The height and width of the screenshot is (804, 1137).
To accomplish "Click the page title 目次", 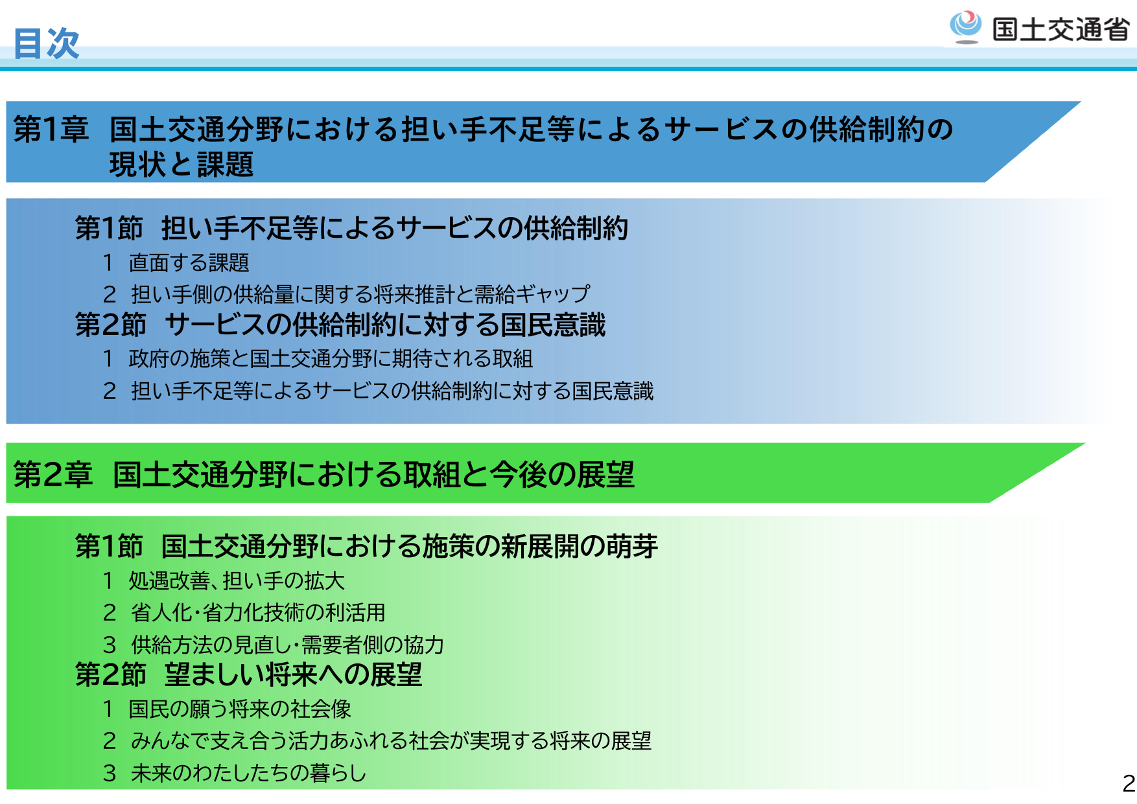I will click(46, 43).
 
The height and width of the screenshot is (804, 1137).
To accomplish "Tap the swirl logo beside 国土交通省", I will click(966, 27).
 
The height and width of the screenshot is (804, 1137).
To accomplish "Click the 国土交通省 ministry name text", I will click(1061, 30).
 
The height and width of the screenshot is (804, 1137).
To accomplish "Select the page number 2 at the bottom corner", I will click(1129, 783).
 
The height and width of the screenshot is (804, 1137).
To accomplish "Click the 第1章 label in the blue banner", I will click(51, 129).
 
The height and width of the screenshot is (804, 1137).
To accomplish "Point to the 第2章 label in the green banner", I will click(53, 474).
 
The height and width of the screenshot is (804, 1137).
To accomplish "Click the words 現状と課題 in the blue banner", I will click(181, 165).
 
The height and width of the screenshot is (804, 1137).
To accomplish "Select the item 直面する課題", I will click(189, 262).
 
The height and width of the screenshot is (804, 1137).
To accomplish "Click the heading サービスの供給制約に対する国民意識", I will click(385, 325).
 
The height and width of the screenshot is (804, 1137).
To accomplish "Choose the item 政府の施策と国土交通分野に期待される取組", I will click(331, 358).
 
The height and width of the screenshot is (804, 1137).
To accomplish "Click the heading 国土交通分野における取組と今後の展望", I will click(373, 474).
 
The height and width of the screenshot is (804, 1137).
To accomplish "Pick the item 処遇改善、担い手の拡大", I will click(237, 580).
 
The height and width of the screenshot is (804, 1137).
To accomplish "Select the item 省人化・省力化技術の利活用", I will click(258, 612).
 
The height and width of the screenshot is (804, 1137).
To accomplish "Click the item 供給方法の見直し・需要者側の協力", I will click(287, 645).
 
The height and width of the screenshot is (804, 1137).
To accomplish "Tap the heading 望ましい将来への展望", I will click(293, 675).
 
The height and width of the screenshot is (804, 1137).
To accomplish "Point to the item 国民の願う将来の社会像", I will click(240, 709).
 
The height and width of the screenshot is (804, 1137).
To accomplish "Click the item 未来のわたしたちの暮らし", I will click(248, 773).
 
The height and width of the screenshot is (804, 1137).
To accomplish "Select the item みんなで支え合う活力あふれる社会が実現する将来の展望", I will click(391, 741).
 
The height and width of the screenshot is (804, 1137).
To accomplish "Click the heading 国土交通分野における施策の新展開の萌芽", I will click(409, 546).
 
